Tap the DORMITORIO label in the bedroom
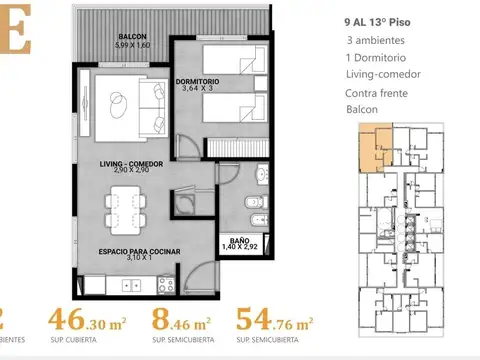point(204,79)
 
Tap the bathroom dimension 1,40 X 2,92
point(239,247)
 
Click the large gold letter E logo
point(14,30)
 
